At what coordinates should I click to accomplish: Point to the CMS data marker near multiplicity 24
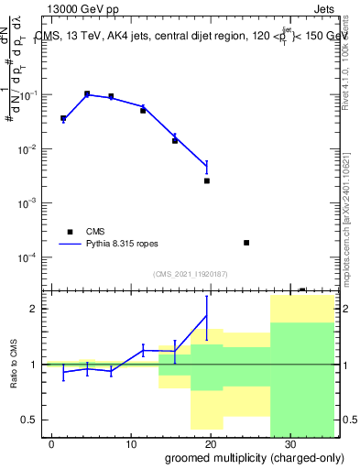coord(246,243)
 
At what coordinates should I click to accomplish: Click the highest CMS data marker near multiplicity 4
coord(87,93)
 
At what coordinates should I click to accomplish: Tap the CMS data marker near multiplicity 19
coord(207,180)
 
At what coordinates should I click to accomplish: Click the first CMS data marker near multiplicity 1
coord(63,118)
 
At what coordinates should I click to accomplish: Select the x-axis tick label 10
coord(131,444)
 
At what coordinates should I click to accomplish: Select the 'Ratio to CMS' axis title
coord(14,365)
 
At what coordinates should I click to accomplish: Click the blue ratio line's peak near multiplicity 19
coord(207,315)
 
